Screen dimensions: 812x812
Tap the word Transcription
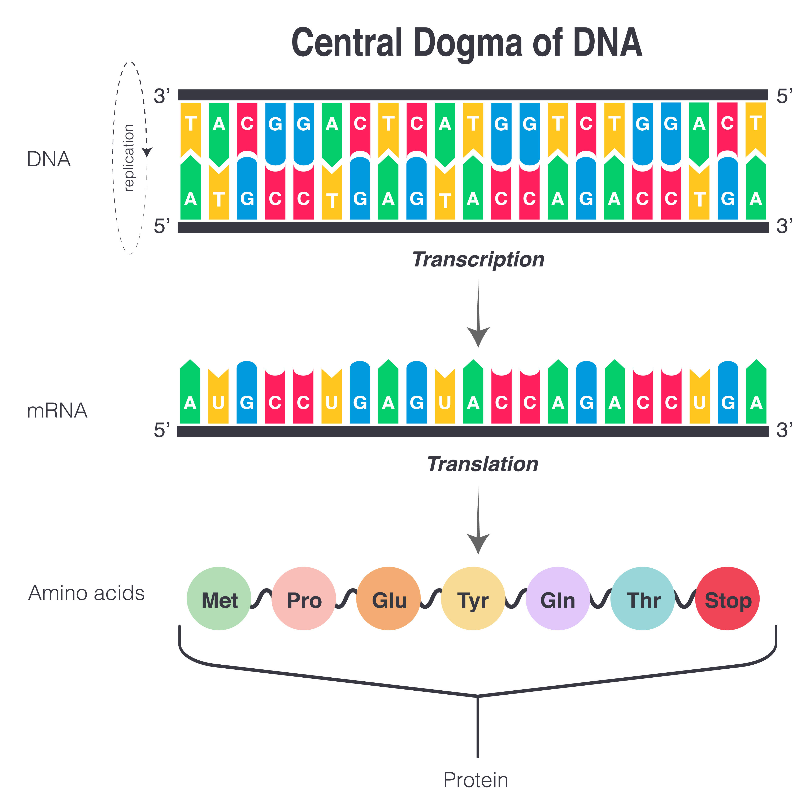478,259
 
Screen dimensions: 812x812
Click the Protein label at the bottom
476,781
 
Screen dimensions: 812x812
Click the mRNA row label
57,411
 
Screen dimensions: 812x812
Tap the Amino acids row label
86,593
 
